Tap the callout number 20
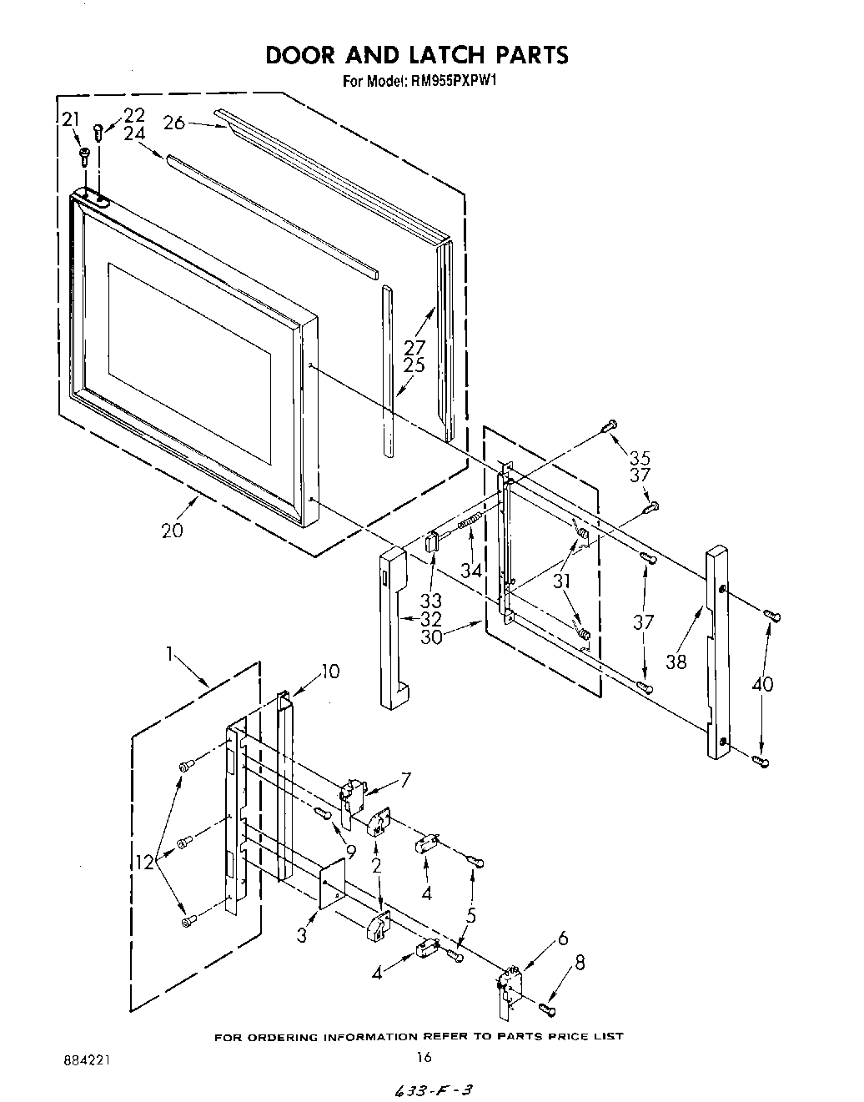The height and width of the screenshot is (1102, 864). click(x=172, y=530)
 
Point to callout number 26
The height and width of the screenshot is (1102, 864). click(x=174, y=123)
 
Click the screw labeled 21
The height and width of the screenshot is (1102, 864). click(x=83, y=153)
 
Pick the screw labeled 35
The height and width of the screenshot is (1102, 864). click(x=609, y=426)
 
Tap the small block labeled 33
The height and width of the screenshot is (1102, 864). click(x=432, y=544)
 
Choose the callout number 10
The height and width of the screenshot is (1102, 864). click(x=330, y=671)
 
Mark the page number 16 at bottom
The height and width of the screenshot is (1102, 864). click(x=424, y=1057)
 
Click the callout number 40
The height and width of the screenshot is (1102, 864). click(x=761, y=685)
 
